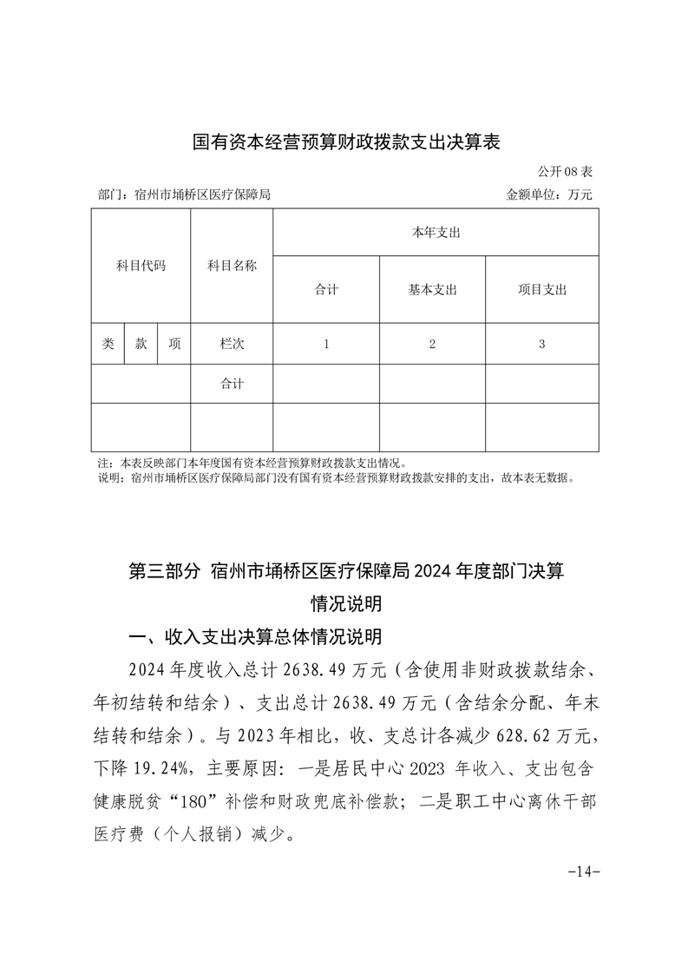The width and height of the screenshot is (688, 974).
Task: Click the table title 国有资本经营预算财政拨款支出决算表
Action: (x=345, y=141)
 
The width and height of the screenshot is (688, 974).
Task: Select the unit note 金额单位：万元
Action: (x=549, y=195)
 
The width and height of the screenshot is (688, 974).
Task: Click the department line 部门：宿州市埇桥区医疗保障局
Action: (x=185, y=195)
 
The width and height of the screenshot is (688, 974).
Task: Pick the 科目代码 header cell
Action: (x=141, y=266)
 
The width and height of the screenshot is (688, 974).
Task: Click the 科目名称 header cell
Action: (x=232, y=266)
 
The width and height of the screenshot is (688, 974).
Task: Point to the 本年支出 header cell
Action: (x=436, y=233)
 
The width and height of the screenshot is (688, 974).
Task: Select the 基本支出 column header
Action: (x=432, y=290)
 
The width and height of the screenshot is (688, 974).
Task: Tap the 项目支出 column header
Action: (x=541, y=290)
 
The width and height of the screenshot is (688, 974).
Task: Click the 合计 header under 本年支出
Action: (x=326, y=290)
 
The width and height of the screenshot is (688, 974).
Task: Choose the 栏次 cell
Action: (x=232, y=344)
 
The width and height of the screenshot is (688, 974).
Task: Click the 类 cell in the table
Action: (x=108, y=344)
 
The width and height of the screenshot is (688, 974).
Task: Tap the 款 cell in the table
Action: (x=141, y=344)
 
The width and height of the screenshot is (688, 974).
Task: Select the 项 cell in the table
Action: (x=174, y=344)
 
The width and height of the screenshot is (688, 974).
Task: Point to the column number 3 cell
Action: (x=541, y=344)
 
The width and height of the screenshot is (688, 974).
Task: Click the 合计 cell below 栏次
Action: (x=232, y=384)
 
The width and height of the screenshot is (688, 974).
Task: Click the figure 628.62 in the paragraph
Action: (x=521, y=737)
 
